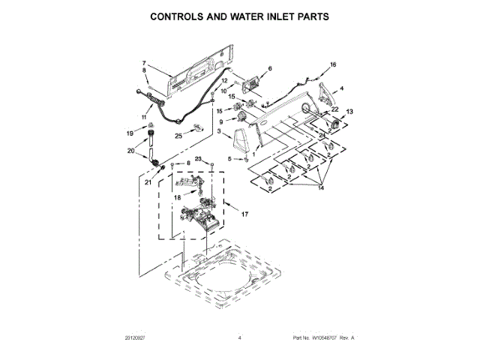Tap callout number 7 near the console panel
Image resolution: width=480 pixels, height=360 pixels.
pos(144,62)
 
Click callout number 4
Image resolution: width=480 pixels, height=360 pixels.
pos(342,89)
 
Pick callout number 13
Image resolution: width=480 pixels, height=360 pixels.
pos(349,111)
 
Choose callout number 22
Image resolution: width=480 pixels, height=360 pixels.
pos(334,110)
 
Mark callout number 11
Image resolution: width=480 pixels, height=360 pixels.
pos(145,118)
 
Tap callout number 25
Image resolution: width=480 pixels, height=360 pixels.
pos(178,135)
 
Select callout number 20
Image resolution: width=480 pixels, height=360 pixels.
pos(131,151)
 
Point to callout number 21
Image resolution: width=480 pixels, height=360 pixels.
pos(148,182)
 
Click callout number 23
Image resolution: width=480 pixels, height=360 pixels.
pos(199,159)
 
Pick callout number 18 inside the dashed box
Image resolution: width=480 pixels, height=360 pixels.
pos(177,198)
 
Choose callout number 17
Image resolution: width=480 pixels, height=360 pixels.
pos(244,215)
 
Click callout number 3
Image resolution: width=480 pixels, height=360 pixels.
pos(218,132)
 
